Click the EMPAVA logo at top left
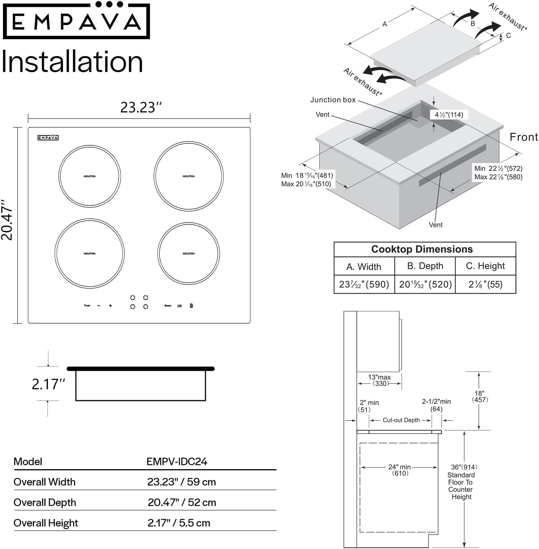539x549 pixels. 76,21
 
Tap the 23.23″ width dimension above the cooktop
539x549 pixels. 141,107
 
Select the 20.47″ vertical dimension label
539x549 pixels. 7,220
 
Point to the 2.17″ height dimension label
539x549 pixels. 48,384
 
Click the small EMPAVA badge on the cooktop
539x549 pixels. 48,138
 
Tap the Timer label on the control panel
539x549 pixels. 87,306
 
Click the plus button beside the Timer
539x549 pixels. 110,306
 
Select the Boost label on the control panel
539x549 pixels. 168,306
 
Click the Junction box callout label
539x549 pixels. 333,100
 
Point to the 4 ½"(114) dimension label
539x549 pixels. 449,115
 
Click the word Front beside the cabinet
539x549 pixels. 524,137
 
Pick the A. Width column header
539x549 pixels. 364,266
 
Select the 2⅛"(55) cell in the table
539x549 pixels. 485,284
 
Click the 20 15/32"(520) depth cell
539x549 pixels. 425,284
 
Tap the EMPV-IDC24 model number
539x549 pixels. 177,461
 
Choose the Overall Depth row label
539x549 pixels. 45,502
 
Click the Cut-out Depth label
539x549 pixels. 401,420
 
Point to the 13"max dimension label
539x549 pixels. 379,377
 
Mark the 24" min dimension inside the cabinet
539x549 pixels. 399,467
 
